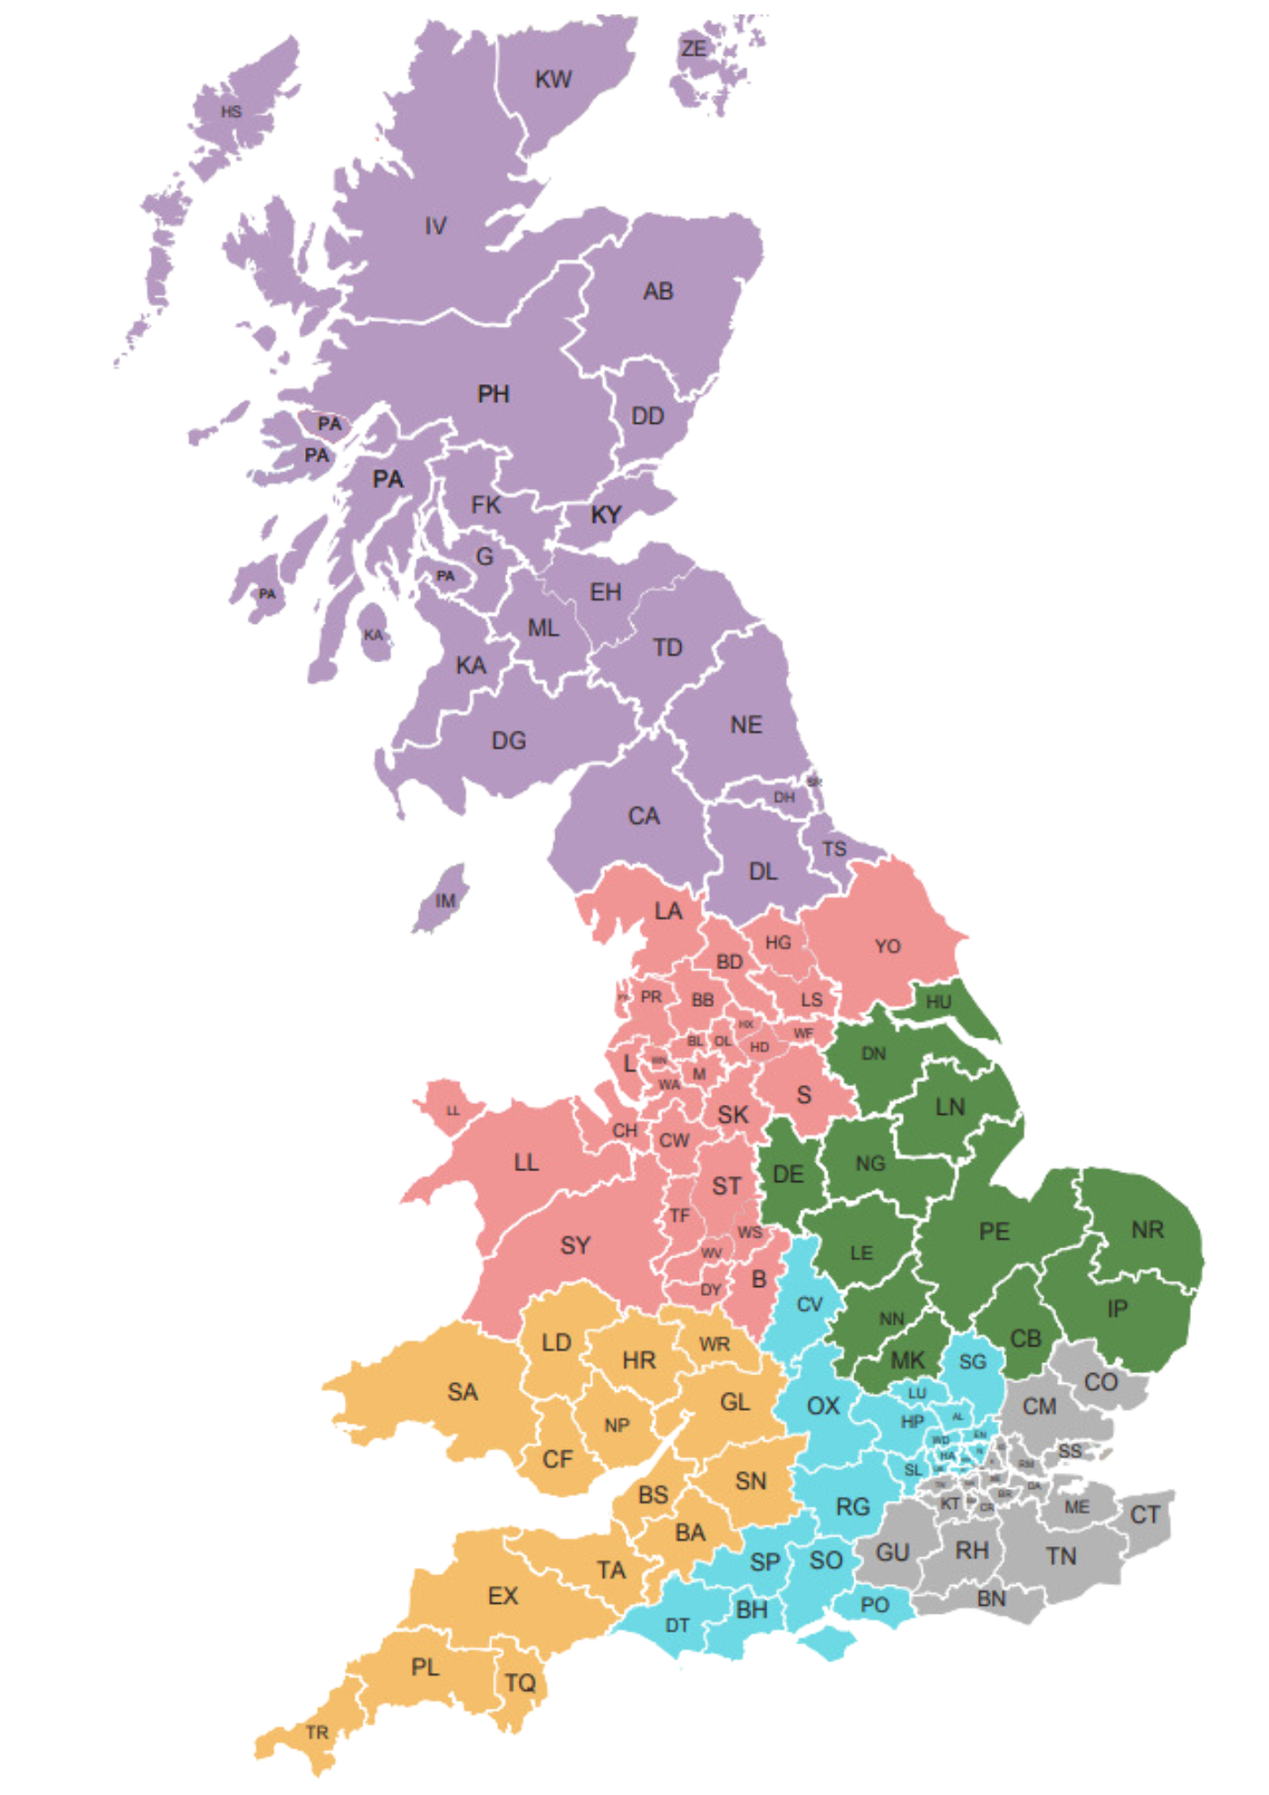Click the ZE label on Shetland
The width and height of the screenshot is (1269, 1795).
(x=694, y=48)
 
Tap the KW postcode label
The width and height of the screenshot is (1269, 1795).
(x=553, y=80)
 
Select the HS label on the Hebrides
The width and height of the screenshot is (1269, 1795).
(x=232, y=112)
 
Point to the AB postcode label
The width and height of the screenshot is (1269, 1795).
(x=658, y=292)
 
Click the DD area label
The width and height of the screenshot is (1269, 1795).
(x=647, y=416)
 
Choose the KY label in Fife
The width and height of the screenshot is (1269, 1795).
(x=606, y=515)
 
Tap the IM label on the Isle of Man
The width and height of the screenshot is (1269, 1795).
(x=445, y=900)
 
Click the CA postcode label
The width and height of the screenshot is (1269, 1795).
(x=643, y=817)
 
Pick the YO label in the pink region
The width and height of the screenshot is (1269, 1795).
(x=888, y=947)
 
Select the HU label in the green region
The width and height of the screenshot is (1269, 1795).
(x=938, y=1002)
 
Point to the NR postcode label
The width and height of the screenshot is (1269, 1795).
(x=1147, y=1230)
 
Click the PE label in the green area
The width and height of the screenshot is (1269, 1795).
(x=994, y=1231)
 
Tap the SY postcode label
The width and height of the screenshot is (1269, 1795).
(x=575, y=1246)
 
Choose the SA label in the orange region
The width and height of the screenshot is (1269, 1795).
(x=462, y=1392)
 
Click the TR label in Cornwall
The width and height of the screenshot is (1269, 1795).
(x=317, y=1732)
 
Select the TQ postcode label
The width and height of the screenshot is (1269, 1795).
(x=520, y=1683)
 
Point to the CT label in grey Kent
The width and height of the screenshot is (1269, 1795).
(x=1144, y=1516)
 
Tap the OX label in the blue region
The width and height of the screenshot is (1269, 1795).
(x=823, y=1406)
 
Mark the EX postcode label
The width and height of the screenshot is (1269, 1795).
(x=503, y=1596)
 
